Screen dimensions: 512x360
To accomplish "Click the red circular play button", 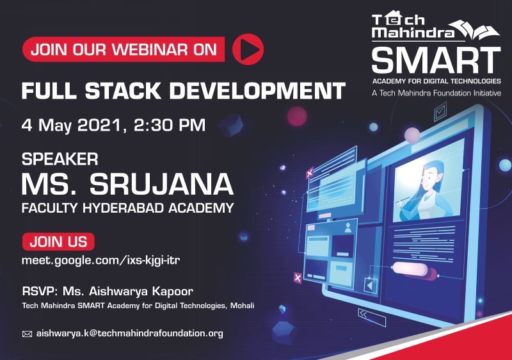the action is (248, 49).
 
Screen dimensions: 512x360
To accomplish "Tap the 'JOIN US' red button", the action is (58, 241).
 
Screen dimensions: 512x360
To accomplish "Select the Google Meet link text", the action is (100, 261).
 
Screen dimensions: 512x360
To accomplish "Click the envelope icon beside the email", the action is (27, 334).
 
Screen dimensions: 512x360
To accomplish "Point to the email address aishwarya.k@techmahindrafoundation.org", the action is (130, 334).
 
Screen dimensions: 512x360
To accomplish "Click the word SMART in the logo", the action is (436, 60).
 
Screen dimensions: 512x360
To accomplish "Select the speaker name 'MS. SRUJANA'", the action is (127, 184).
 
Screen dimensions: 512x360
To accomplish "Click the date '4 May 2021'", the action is (70, 126).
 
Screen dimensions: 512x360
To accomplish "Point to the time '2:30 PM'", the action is (170, 125).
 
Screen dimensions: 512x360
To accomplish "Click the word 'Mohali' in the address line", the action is (243, 306).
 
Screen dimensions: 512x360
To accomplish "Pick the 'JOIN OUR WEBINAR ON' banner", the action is (124, 49).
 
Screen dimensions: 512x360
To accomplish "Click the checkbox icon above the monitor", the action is (440, 111).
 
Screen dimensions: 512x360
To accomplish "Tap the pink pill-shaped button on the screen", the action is (410, 268).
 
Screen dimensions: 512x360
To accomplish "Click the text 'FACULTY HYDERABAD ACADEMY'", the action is (127, 208).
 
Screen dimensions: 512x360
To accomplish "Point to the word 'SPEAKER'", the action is (60, 160).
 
